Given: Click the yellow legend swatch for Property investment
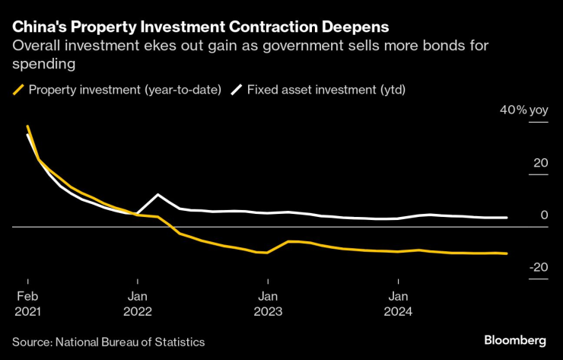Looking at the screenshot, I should click(x=18, y=90).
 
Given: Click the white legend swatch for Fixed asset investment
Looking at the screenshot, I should click(x=236, y=90).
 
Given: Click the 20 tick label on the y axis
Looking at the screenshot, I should click(x=540, y=163).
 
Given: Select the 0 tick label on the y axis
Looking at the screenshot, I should click(x=544, y=215).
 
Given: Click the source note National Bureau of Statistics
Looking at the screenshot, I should click(x=108, y=342).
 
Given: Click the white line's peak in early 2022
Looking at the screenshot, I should click(x=158, y=195).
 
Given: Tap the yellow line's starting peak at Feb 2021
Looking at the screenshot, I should click(x=27, y=126).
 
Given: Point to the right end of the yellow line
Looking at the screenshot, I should click(x=507, y=253).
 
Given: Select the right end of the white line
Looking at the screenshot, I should click(x=507, y=218).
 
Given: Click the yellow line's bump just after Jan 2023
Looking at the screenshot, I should click(x=289, y=241).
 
